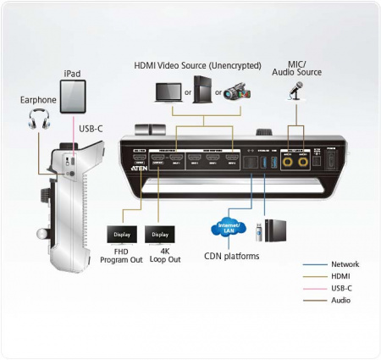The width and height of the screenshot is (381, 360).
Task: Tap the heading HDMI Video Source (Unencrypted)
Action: tap(197, 65)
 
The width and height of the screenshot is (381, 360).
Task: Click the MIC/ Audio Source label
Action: tap(295, 68)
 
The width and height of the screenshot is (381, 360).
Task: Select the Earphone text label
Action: tap(38, 100)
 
